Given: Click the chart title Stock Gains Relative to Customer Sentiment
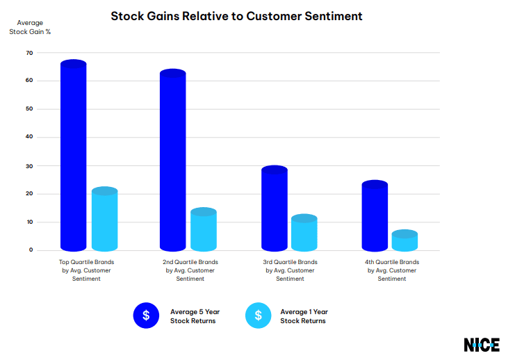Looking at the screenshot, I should [236, 15].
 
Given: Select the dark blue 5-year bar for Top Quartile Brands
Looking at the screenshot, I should [74, 156].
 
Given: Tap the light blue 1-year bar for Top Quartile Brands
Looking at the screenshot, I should [104, 220].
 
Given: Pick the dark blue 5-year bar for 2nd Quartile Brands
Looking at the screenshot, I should [173, 161].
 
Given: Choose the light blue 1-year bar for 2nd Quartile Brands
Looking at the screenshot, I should [204, 230].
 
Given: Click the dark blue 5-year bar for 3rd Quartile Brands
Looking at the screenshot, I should [274, 208].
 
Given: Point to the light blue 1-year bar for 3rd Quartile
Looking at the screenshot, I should [304, 234].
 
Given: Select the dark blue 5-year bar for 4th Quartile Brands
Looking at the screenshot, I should [375, 216].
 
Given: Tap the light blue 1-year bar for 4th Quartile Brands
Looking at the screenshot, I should [404, 241].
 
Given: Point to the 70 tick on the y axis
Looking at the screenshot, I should [29, 53].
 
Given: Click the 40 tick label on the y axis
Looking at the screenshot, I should [29, 137].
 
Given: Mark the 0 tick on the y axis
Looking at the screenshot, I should [31, 249].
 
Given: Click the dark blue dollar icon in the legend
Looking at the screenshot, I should [146, 316].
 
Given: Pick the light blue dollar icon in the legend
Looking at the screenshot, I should [258, 316].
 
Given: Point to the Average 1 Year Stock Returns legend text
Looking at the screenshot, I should [304, 316].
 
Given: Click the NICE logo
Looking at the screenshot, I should [482, 345].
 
